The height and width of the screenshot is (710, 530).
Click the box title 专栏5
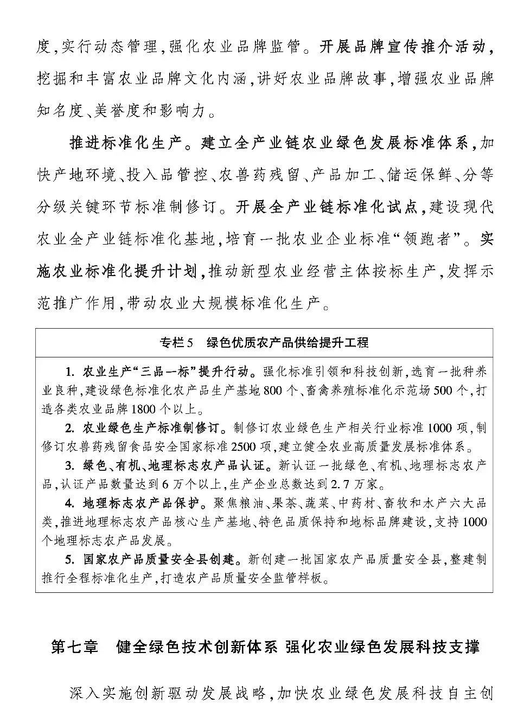coord(176,342)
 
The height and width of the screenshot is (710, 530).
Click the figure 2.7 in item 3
coord(346,483)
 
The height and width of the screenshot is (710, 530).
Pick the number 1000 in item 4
coord(476,522)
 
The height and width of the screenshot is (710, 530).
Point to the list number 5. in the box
coord(69,559)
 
